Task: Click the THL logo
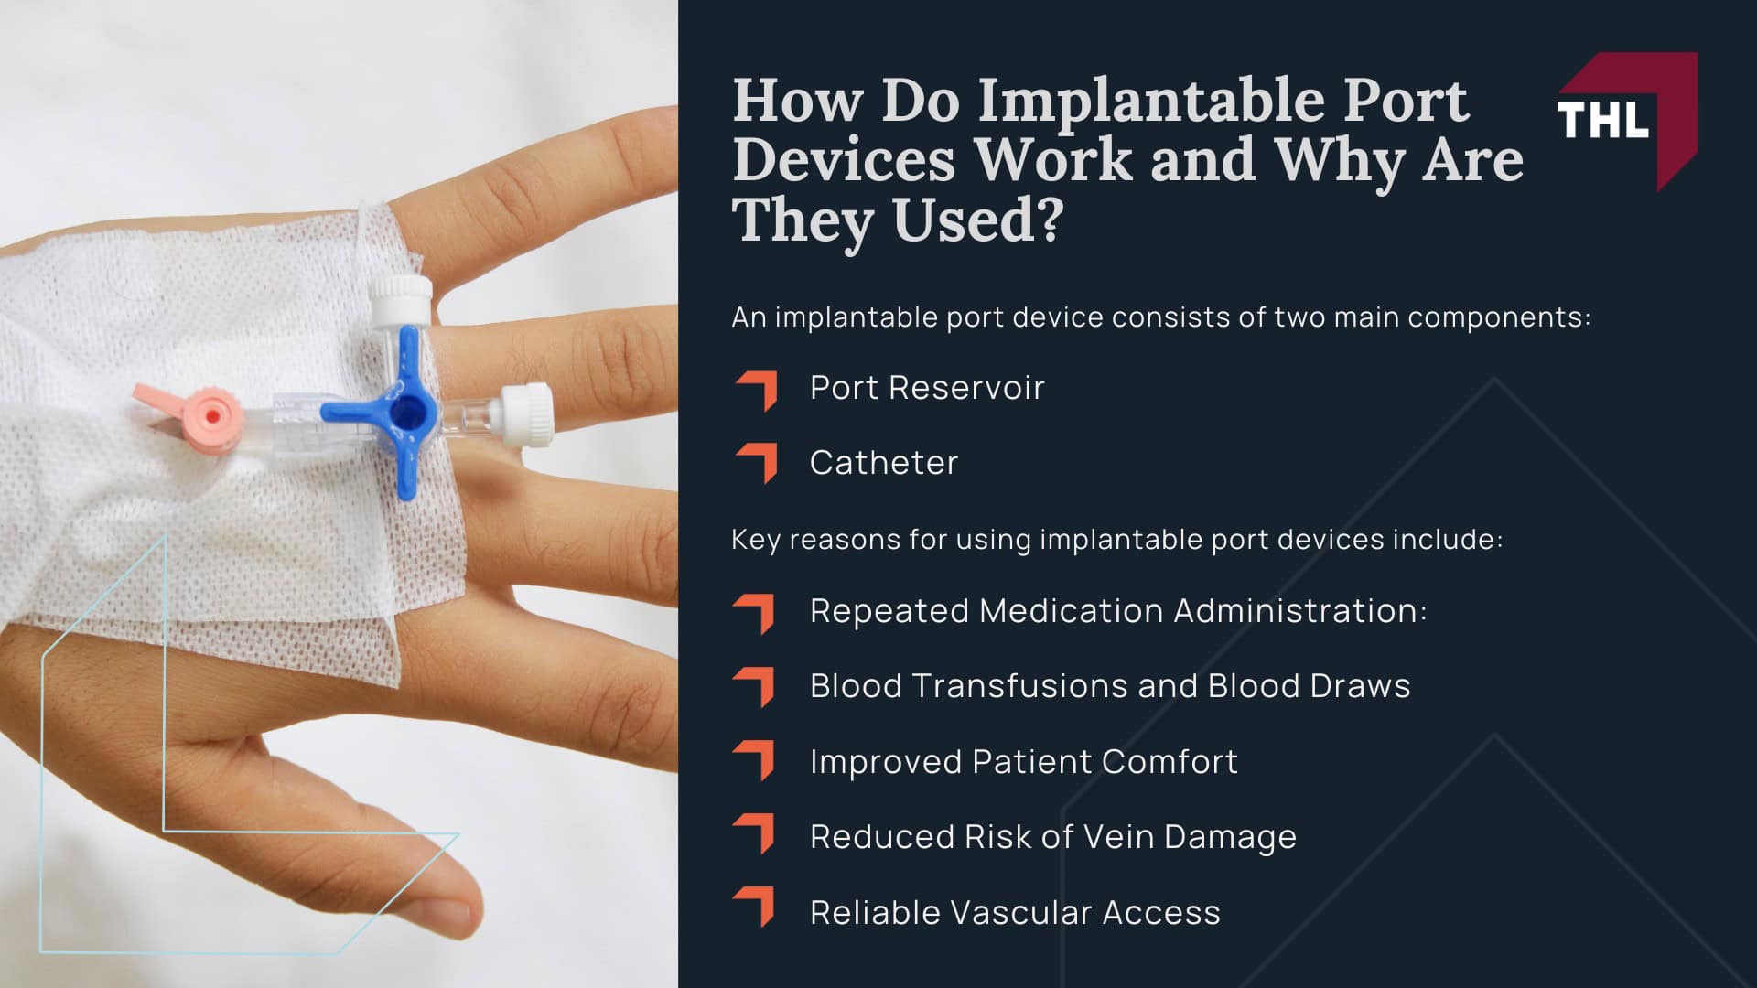1626,120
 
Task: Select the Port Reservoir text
926,388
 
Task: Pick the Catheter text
883,463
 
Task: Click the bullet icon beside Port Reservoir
756,391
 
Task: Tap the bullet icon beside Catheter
756,463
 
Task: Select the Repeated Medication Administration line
1117,611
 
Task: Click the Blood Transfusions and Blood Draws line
1109,686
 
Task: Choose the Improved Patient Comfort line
1023,762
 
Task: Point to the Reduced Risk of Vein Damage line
1052,837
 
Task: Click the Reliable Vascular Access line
1014,913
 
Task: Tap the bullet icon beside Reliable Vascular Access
756,907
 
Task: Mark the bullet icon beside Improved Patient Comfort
756,759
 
